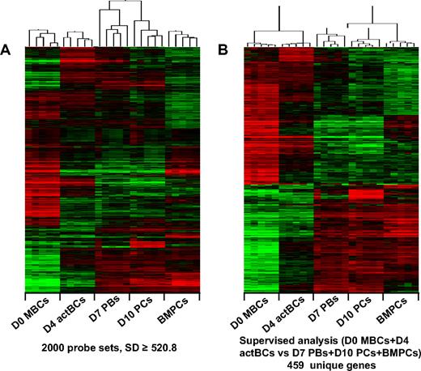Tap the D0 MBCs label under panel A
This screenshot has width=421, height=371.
pyautogui.click(x=38, y=313)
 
